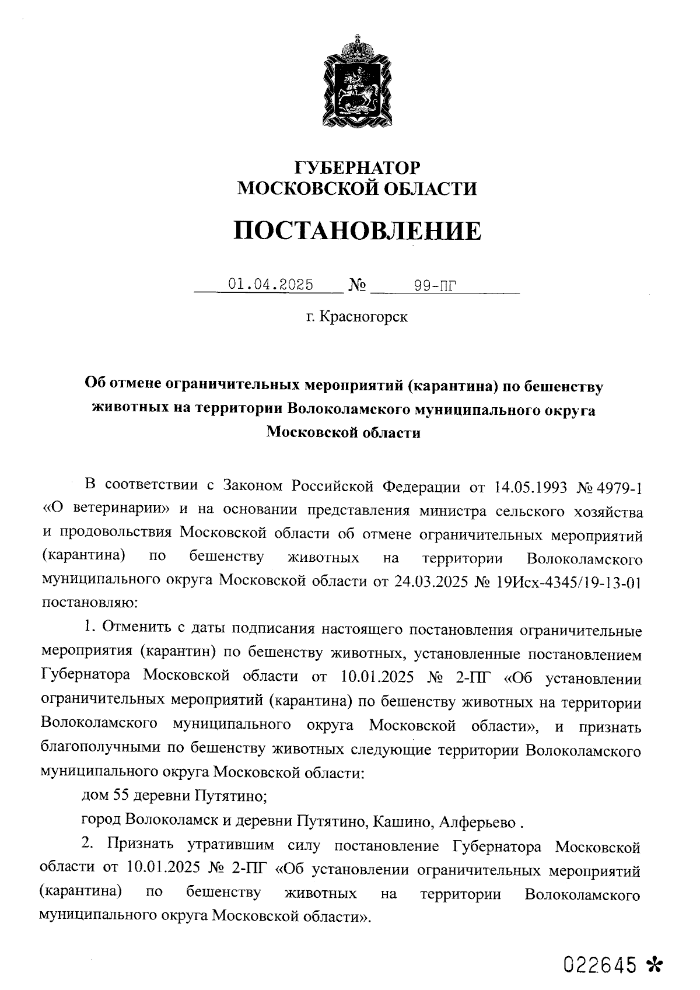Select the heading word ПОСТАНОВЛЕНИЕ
point(358,231)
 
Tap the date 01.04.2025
point(271,285)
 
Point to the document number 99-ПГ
point(434,285)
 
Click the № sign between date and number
point(357,285)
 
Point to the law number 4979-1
point(622,486)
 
